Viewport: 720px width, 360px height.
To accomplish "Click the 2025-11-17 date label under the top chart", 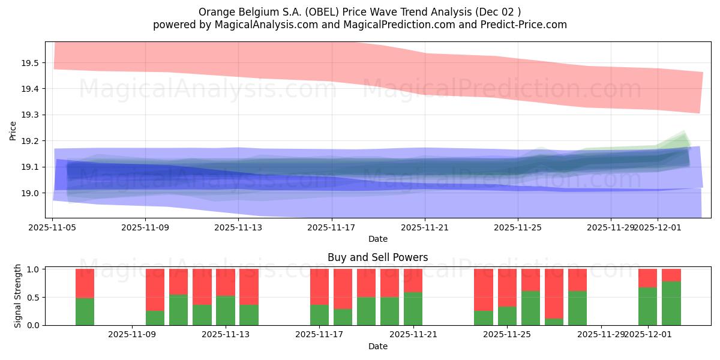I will pyautogui.click(x=332, y=227).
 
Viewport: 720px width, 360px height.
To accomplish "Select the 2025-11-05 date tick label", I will pyautogui.click(x=53, y=227).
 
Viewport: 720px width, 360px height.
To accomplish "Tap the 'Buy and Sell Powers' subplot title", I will pyautogui.click(x=377, y=257).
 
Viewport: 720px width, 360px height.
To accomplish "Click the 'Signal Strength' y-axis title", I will pyautogui.click(x=18, y=296).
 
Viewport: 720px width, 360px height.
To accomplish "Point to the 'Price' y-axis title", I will pyautogui.click(x=13, y=130).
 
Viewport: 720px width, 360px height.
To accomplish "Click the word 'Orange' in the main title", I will pyautogui.click(x=214, y=12).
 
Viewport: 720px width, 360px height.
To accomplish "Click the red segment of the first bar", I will pyautogui.click(x=85, y=283).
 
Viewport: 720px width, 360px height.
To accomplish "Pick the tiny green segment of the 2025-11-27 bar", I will pyautogui.click(x=554, y=322).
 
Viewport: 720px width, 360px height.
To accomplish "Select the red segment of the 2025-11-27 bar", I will pyautogui.click(x=554, y=293).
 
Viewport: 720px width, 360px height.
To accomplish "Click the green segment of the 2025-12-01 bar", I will pyautogui.click(x=648, y=307).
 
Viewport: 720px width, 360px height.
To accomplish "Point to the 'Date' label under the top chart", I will pyautogui.click(x=377, y=239).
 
